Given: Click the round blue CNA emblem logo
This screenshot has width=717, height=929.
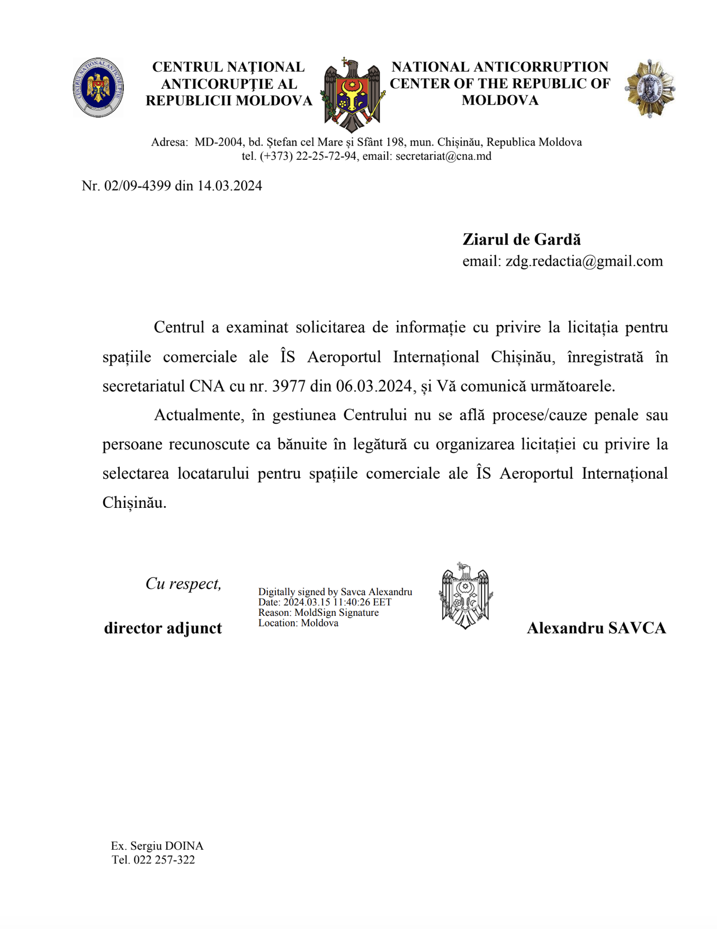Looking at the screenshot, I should pos(98,87).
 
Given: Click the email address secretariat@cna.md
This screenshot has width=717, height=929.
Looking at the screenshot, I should pos(443,157).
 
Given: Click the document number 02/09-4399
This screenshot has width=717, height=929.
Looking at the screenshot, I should pos(138,186).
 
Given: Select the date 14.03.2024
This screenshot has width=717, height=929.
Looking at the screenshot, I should pos(230,186).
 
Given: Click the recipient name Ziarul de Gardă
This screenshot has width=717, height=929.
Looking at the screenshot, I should pos(522,240).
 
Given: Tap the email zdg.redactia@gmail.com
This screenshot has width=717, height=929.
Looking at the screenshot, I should pos(584,261).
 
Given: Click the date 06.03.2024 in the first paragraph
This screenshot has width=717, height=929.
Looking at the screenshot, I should pos(374,386).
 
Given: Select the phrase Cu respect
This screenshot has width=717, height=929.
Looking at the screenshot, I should pos(183,584).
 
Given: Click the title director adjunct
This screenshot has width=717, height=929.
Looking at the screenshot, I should pos(163,628).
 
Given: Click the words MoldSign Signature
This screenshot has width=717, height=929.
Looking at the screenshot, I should pos(336,613).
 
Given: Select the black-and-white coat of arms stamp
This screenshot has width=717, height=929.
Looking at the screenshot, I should pos(465,596).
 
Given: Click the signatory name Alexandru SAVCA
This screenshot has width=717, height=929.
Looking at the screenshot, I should pos(596,628).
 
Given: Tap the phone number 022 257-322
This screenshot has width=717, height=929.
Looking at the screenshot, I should pos(164,860).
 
